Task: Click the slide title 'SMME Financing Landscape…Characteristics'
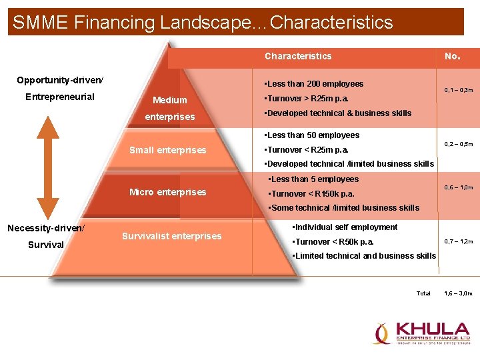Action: tap(203, 23)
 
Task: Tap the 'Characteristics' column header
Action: tap(297, 56)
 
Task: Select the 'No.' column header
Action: tap(452, 56)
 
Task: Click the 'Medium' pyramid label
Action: tap(169, 100)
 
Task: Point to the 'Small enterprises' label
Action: tap(167, 150)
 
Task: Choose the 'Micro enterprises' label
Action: tap(167, 192)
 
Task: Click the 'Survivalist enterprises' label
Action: tap(171, 236)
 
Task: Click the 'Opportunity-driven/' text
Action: tap(60, 80)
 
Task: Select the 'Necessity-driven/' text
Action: tap(46, 228)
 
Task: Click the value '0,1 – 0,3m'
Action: tap(459, 89)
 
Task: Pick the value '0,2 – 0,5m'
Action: tap(459, 143)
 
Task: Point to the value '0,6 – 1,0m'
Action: tap(459, 189)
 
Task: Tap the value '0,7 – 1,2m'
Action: tap(459, 241)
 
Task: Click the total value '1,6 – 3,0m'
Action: tap(459, 293)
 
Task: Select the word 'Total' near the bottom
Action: tap(423, 293)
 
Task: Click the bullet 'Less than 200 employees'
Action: tap(314, 84)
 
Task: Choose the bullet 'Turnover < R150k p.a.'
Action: tap(311, 194)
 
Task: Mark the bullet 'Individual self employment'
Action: tap(345, 227)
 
